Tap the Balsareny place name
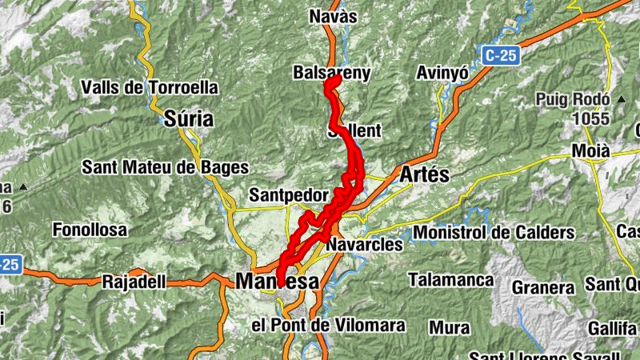pos(332,73)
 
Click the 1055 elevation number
pos(591,118)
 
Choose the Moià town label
pos(591,151)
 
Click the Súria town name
pos(189,120)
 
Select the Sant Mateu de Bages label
pos(166,168)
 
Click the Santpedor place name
pos(289,195)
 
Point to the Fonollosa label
pos(90,230)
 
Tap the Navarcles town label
pos(365,245)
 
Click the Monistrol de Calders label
pos(494,233)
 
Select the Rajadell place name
pos(134,282)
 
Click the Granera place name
pos(543,287)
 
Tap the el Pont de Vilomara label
pos(328,326)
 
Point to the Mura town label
pos(449,327)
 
